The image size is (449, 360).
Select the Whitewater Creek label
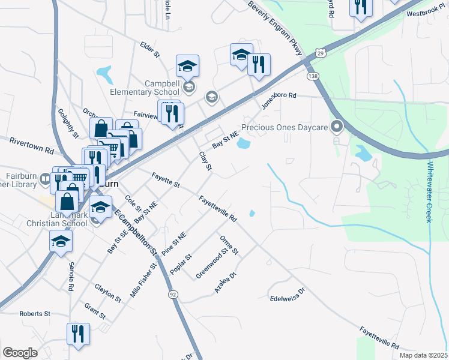coord(430,192)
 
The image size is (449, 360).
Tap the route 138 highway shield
coord(312,76)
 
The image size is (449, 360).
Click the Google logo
coord(20,352)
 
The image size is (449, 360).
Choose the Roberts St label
coord(35,313)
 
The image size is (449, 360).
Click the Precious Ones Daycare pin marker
coord(336,126)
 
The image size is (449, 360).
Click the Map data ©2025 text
coord(423,355)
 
